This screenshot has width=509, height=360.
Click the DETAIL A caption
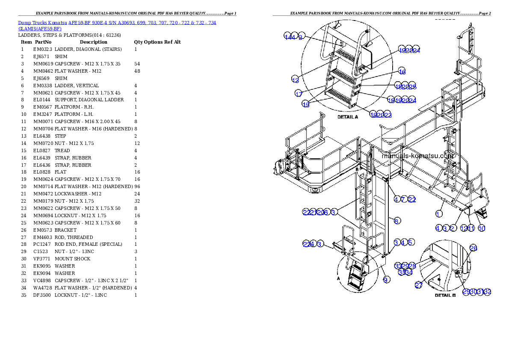tap(347, 117)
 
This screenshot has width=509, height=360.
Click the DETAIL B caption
tap(445, 295)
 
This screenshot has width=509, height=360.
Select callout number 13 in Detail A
tap(295, 80)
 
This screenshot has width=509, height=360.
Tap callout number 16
tap(402, 71)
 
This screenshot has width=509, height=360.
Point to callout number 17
tap(299, 94)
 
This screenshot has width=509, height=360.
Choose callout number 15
tap(306, 105)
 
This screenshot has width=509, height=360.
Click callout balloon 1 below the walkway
tap(439, 213)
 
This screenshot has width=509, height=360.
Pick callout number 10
tap(482, 228)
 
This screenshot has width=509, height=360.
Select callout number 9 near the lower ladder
tap(386, 280)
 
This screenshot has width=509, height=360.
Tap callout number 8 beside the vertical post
tap(397, 221)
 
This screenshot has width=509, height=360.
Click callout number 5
tap(410, 243)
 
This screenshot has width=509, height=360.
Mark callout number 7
tap(403, 199)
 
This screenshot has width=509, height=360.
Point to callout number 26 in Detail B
tap(473, 248)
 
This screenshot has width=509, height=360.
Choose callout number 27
tap(418, 286)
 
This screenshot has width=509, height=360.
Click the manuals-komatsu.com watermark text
tap(417, 156)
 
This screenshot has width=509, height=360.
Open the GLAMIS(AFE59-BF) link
tap(40, 29)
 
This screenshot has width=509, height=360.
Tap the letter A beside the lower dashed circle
tap(338, 277)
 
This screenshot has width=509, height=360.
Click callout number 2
tap(452, 228)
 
